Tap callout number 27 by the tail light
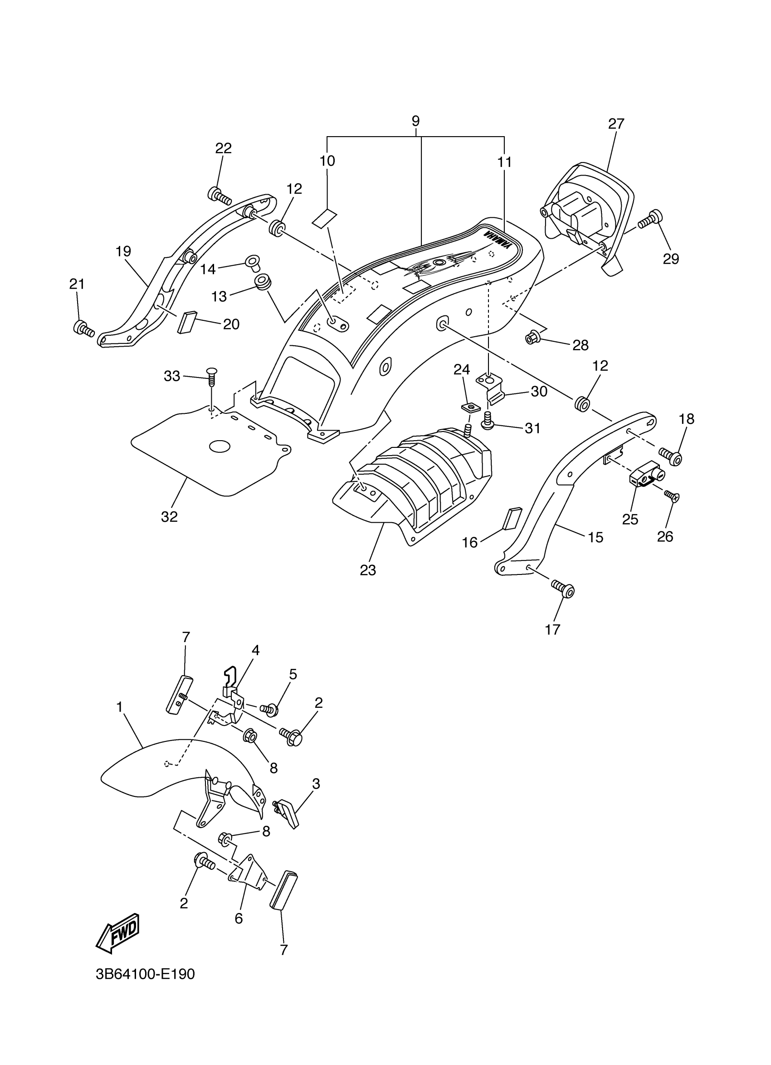point(616,124)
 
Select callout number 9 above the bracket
point(415,121)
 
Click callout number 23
point(368,570)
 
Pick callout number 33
point(172,376)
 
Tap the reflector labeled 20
point(185,322)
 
